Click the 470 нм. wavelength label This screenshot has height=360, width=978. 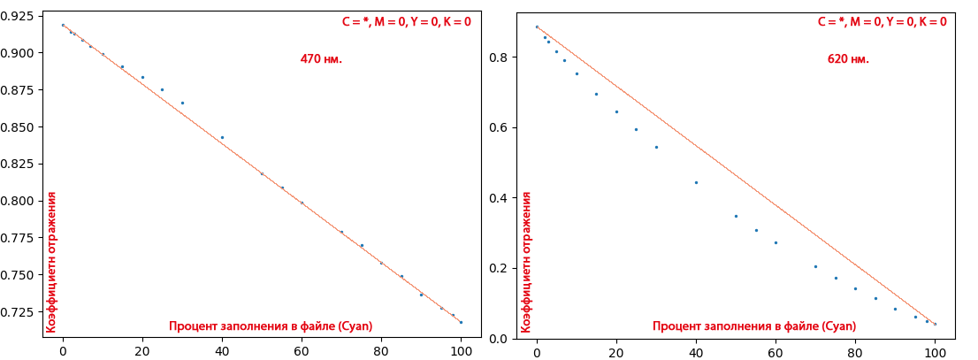pyautogui.click(x=320, y=59)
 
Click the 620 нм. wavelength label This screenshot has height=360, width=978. pyautogui.click(x=848, y=59)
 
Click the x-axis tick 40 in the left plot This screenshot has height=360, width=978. pyautogui.click(x=222, y=350)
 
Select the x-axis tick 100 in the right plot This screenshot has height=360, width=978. pyautogui.click(x=935, y=350)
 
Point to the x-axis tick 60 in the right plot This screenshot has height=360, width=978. pyautogui.click(x=776, y=350)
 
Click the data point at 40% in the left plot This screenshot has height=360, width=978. pyautogui.click(x=222, y=137)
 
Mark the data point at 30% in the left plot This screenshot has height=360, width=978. pyautogui.click(x=182, y=103)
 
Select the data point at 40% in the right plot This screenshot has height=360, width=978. pyautogui.click(x=696, y=182)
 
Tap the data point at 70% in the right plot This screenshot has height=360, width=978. pyautogui.click(x=815, y=266)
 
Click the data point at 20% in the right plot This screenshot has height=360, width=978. pyautogui.click(x=616, y=111)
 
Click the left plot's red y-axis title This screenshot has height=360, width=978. pyautogui.click(x=51, y=262)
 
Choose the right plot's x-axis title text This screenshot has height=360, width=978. pyautogui.click(x=754, y=326)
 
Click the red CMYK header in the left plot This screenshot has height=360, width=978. pyautogui.click(x=406, y=22)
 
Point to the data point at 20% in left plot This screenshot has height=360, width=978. pyautogui.click(x=142, y=77)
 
